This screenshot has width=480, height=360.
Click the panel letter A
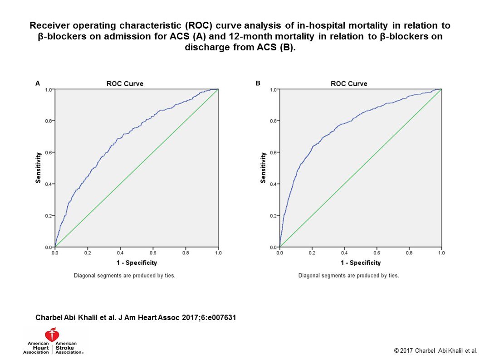[x=38, y=83]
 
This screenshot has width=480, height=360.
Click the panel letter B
[x=258, y=83]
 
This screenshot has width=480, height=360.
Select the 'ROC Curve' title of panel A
[x=125, y=83]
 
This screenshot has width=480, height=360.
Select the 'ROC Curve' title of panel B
[x=349, y=83]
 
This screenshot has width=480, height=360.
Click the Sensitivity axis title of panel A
[x=39, y=168]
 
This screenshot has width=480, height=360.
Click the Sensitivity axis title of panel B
[x=263, y=168]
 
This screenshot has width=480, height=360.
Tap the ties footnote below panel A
[x=124, y=275]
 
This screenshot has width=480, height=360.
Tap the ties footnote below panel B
[x=348, y=275]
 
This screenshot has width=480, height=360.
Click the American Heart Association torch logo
[x=54, y=335]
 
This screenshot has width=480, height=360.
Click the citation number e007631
[x=220, y=317]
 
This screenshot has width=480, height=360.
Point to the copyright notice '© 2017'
[x=404, y=350]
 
